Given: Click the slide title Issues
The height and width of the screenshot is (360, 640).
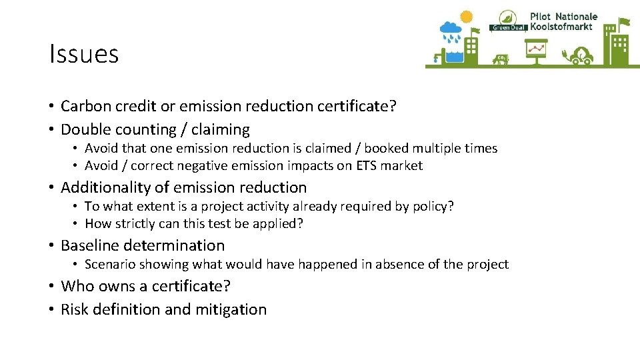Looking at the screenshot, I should coord(84,54).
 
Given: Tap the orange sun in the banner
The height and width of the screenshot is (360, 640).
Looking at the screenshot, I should coord(466,17).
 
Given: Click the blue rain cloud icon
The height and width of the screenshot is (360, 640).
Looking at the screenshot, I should coord(451,30).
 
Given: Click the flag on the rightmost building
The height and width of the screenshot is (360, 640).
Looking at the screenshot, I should coord(624,23).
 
